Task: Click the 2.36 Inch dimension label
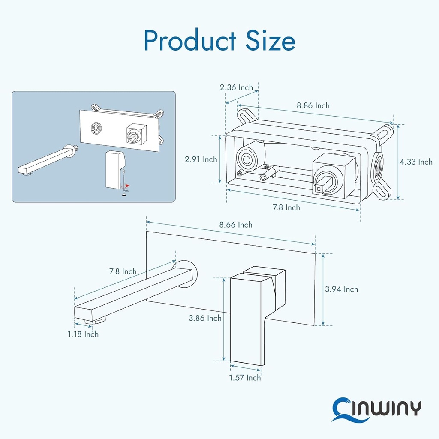[236, 87]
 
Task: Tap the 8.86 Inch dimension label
[313, 105]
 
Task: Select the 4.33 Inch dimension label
[416, 162]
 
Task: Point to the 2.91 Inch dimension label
[201, 159]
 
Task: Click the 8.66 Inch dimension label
[236, 225]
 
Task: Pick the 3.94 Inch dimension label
[341, 289]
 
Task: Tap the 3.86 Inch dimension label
[205, 318]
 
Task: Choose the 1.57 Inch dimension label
[245, 378]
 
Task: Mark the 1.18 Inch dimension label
[83, 334]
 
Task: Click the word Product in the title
[189, 41]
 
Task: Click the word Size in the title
[270, 41]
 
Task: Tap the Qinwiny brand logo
[377, 408]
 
